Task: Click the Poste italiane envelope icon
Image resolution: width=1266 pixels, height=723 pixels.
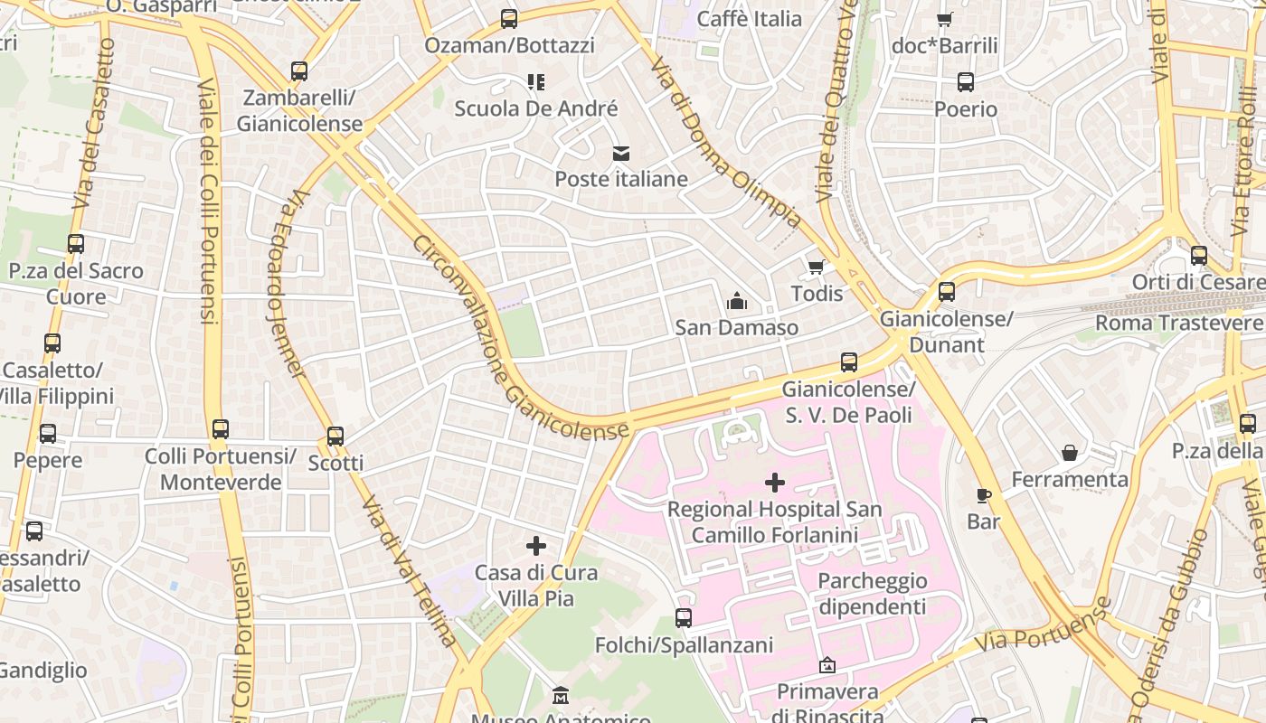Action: click(x=620, y=154)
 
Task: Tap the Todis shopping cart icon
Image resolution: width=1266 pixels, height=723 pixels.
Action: click(x=816, y=268)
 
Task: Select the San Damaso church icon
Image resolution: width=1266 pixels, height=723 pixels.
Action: click(x=737, y=301)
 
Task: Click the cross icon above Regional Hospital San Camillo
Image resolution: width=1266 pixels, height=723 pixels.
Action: click(x=774, y=483)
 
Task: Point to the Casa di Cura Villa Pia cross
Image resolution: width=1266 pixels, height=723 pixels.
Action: click(x=536, y=546)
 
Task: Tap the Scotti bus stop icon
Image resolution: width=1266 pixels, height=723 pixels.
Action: click(x=335, y=437)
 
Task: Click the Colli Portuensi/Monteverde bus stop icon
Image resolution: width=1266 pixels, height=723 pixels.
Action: click(x=221, y=429)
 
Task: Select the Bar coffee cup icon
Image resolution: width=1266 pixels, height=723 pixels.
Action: click(x=984, y=495)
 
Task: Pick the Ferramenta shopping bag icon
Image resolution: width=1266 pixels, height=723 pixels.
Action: click(x=1070, y=452)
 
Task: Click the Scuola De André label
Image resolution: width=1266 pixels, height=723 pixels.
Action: click(x=536, y=109)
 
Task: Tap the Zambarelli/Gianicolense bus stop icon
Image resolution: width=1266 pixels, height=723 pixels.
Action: click(x=299, y=71)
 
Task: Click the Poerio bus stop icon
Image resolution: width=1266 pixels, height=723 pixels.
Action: click(x=966, y=82)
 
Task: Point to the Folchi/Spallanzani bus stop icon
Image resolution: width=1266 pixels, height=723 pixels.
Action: click(x=684, y=618)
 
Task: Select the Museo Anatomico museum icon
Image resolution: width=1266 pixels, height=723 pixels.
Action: click(x=561, y=696)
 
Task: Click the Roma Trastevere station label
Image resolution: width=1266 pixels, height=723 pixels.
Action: click(x=1180, y=323)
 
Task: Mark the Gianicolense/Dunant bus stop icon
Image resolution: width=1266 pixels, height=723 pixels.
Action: click(x=947, y=292)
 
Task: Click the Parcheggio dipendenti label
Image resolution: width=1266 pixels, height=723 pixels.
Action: click(x=873, y=594)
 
